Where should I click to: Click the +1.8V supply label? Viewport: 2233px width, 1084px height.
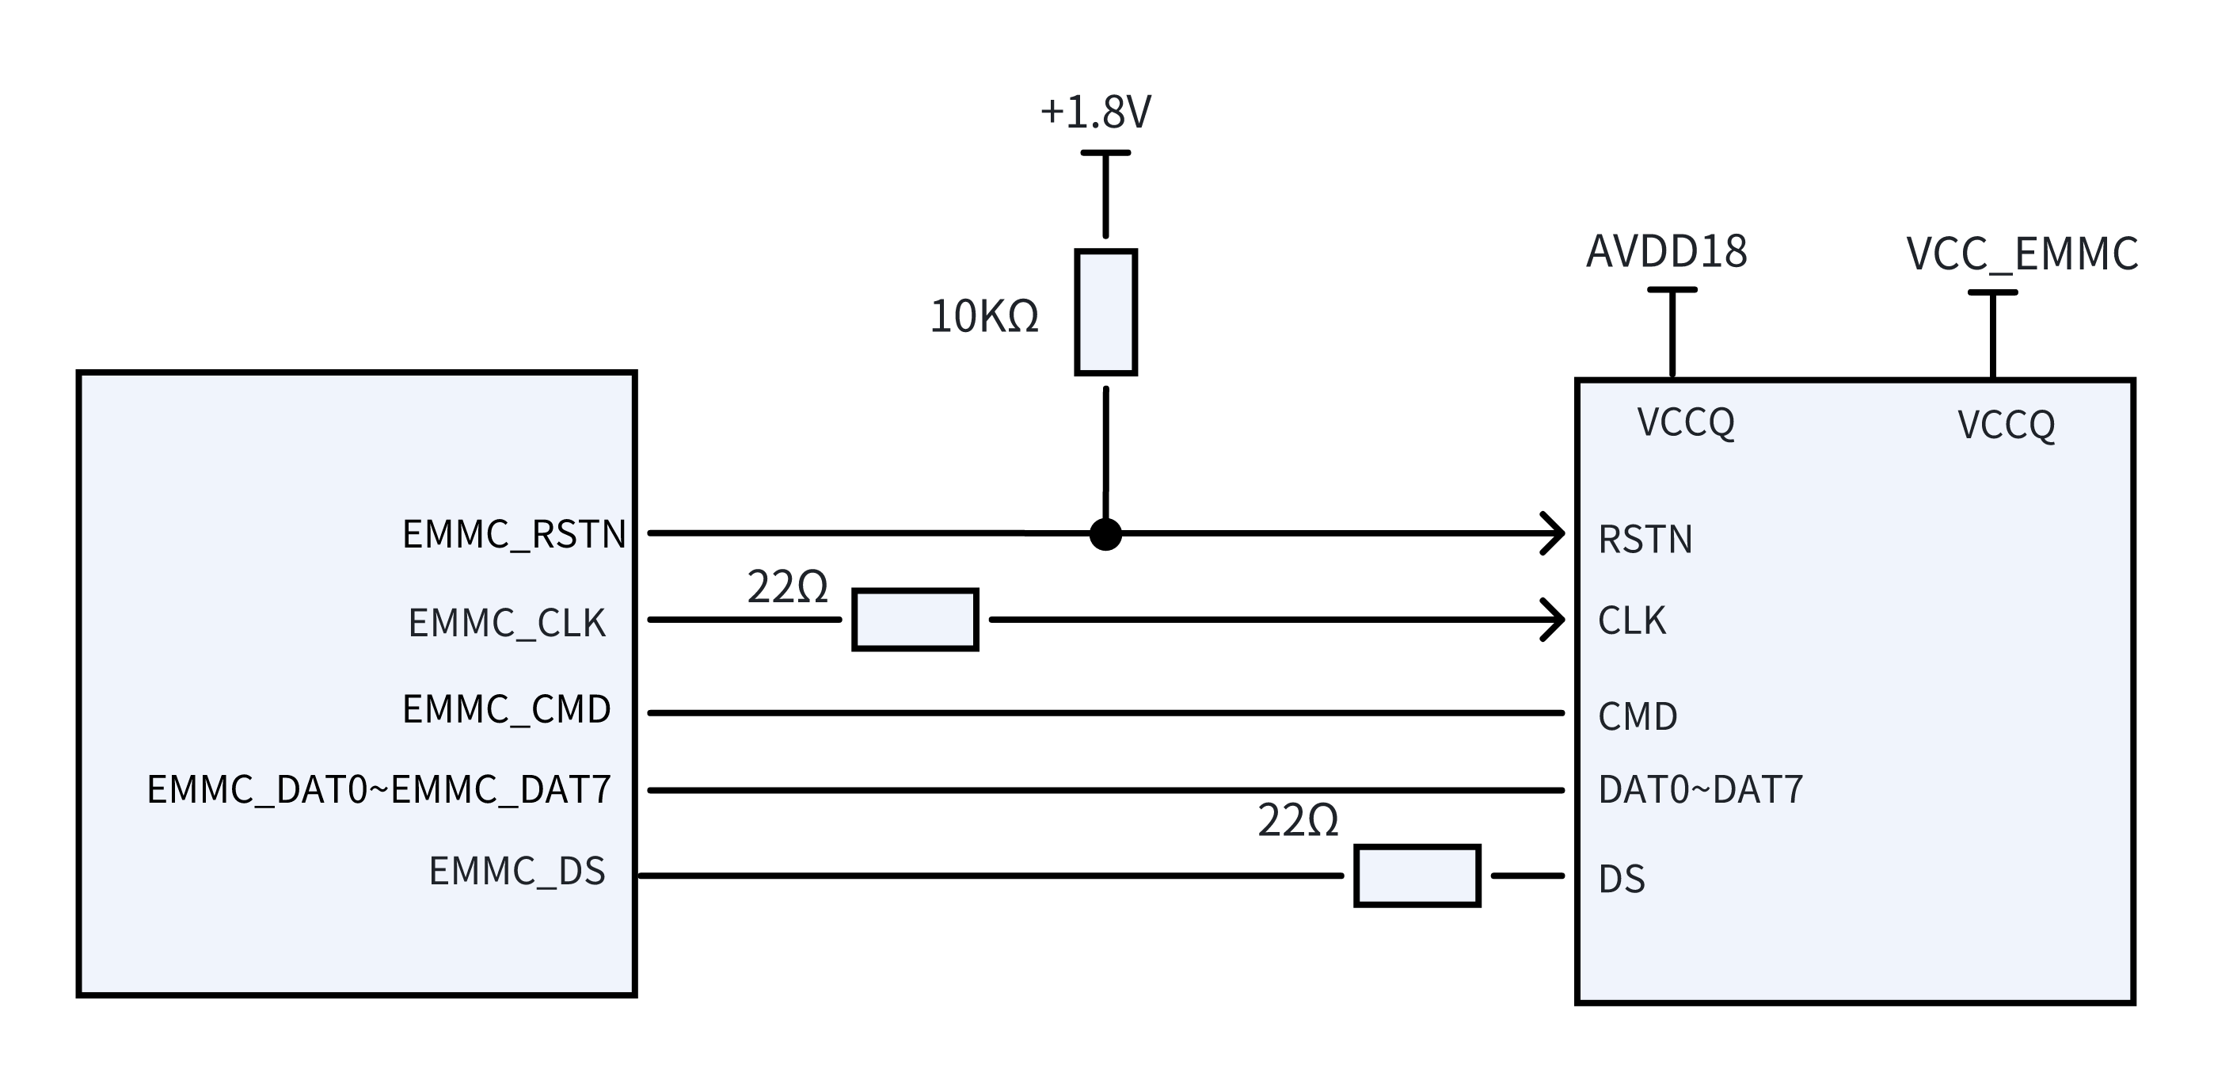pyautogui.click(x=1096, y=113)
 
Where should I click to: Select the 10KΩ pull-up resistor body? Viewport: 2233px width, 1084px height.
pyautogui.click(x=1106, y=312)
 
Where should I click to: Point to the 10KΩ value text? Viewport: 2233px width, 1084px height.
pyautogui.click(x=984, y=316)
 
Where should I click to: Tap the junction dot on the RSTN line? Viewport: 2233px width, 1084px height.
pyautogui.click(x=1106, y=534)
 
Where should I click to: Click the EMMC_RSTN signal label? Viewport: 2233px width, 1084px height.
pyautogui.click(x=514, y=534)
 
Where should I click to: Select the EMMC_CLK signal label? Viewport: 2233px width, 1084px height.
pyautogui.click(x=507, y=624)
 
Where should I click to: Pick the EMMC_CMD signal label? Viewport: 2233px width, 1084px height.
pyautogui.click(x=507, y=709)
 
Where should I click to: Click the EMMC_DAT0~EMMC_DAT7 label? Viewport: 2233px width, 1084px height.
pyautogui.click(x=379, y=790)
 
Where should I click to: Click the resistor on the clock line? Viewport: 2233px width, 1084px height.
pyautogui.click(x=915, y=619)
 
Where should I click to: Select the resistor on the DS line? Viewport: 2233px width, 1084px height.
pyautogui.click(x=1417, y=876)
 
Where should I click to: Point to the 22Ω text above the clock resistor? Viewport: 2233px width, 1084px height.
pyautogui.click(x=787, y=588)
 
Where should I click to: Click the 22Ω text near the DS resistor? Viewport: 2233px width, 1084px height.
pyautogui.click(x=1298, y=820)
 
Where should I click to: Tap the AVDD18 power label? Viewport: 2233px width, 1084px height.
pyautogui.click(x=1667, y=251)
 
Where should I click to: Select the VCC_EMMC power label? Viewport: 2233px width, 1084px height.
pyautogui.click(x=2022, y=255)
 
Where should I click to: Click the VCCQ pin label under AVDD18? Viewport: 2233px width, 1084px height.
pyautogui.click(x=1686, y=422)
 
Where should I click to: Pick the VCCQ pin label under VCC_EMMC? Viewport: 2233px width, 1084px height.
pyautogui.click(x=2007, y=425)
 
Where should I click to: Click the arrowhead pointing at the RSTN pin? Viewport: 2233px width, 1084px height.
pyautogui.click(x=1554, y=533)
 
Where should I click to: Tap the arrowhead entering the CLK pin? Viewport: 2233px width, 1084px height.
pyautogui.click(x=1554, y=619)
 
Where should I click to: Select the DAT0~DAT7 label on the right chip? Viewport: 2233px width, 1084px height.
pyautogui.click(x=1701, y=790)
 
